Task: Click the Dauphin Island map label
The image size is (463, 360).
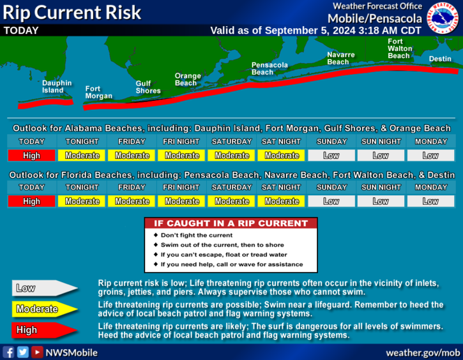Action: pyautogui.click(x=57, y=87)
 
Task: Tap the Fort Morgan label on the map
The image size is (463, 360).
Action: pyautogui.click(x=98, y=93)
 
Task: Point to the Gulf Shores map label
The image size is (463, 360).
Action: pyautogui.click(x=148, y=87)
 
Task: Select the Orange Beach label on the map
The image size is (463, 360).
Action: pyautogui.click(x=188, y=79)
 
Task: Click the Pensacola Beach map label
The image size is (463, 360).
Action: pyautogui.click(x=269, y=68)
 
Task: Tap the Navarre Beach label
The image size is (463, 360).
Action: pyautogui.click(x=341, y=58)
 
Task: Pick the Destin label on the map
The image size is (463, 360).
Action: pyautogui.click(x=440, y=59)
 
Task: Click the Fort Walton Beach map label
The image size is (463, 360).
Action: pyautogui.click(x=400, y=49)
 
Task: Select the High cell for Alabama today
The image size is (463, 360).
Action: pyautogui.click(x=31, y=156)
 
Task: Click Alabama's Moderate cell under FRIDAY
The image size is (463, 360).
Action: pyautogui.click(x=132, y=156)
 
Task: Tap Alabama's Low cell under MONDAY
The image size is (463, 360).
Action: pyautogui.click(x=431, y=156)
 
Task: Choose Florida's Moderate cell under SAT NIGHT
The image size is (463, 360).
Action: pyautogui.click(x=281, y=201)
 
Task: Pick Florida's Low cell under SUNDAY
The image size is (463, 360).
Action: pyautogui.click(x=331, y=201)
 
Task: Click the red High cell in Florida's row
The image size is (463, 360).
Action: pyautogui.click(x=31, y=201)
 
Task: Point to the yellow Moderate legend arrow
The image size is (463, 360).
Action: pyautogui.click(x=44, y=309)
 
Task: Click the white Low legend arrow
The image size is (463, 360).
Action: pyautogui.click(x=44, y=288)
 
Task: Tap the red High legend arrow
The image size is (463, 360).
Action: pyautogui.click(x=44, y=330)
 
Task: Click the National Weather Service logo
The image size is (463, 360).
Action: pyautogui.click(x=443, y=18)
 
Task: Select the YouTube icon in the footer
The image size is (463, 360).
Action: pyautogui.click(x=37, y=352)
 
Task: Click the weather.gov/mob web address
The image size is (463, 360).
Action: pyautogui.click(x=423, y=352)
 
